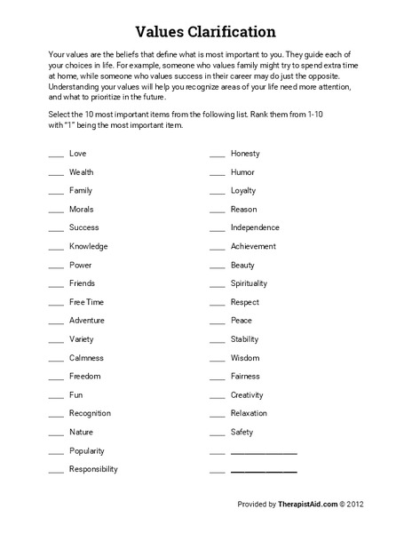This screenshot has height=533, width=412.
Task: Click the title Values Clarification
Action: point(206,33)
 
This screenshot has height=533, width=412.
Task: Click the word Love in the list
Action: point(78,154)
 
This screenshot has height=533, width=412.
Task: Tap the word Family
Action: point(81,191)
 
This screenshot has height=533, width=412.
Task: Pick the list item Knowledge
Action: point(89,246)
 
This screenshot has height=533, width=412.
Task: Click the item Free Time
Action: point(86,302)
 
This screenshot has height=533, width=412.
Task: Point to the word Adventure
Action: point(87,321)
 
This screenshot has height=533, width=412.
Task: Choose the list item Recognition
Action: point(91,413)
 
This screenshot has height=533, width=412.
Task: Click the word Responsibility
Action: point(93,469)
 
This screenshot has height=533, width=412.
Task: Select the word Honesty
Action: point(245,154)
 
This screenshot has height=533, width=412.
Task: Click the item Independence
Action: point(255,227)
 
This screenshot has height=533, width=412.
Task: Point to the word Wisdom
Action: point(245,358)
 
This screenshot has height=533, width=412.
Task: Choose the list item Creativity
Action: point(247,394)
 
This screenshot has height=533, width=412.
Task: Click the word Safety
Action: point(242,432)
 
